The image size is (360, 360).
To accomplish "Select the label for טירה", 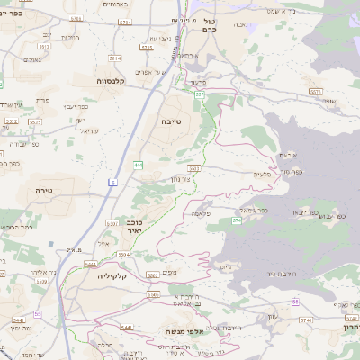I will point(46,191).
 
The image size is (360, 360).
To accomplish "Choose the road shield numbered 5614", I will point(114,57).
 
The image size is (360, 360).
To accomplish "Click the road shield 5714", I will point(125,20).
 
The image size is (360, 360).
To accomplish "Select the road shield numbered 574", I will point(237,220).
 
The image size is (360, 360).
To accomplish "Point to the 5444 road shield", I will point(90,264).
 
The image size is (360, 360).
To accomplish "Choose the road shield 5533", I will point(193,167).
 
